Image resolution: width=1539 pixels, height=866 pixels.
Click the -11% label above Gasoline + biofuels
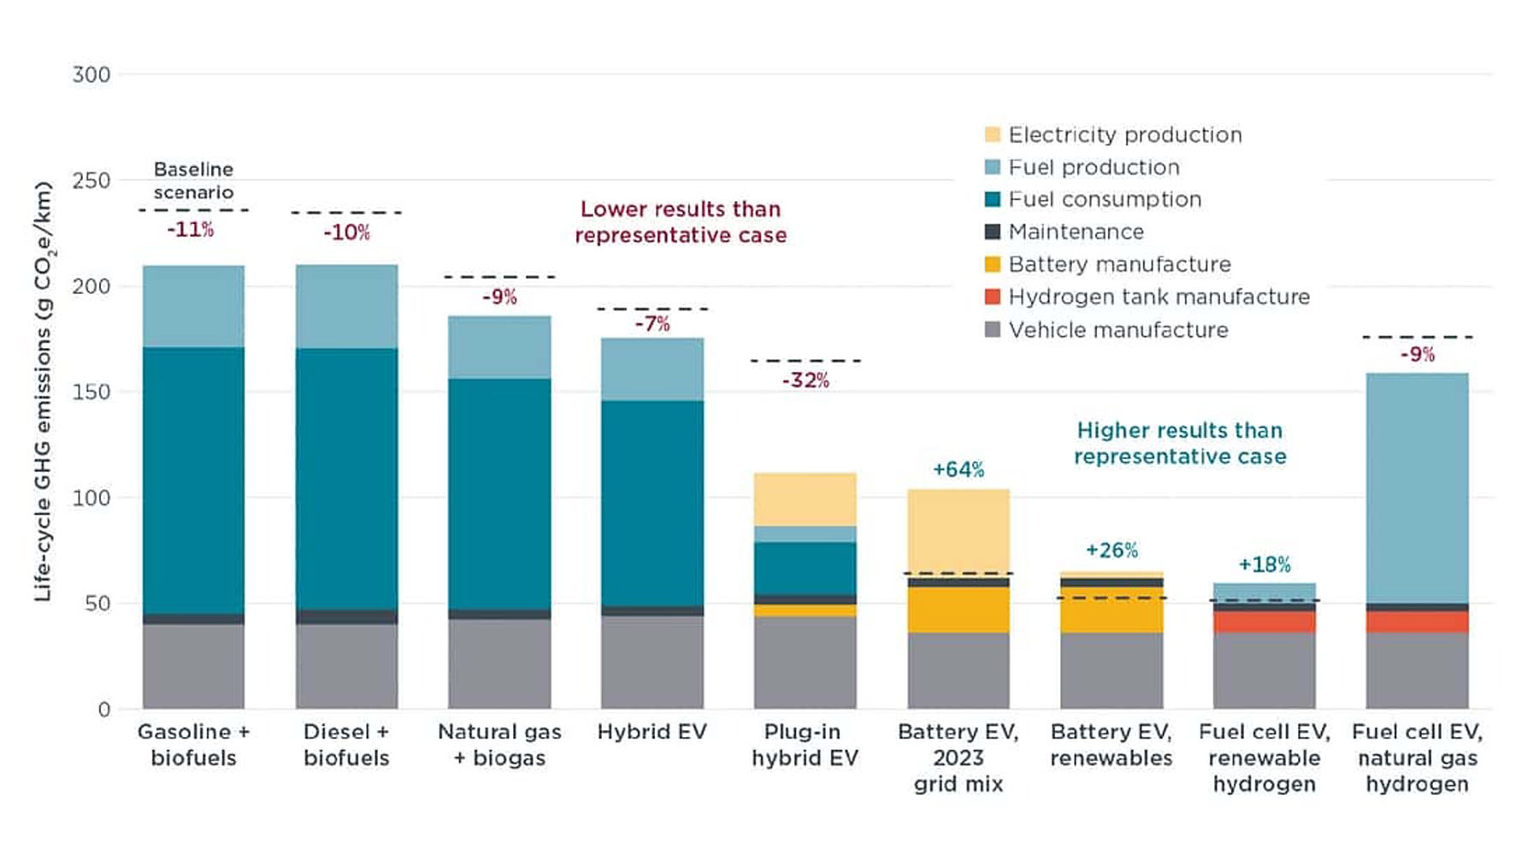190,229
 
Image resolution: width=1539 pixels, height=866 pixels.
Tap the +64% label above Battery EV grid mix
958,469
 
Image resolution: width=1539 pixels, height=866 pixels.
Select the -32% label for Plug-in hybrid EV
805,380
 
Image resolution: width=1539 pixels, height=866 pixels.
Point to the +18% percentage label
1264,564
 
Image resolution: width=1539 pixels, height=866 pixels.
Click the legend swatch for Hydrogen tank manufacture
993,297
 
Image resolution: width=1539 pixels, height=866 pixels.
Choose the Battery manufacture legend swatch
993,264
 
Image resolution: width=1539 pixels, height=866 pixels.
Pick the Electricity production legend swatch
993,134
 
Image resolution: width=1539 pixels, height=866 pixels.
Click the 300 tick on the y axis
91,74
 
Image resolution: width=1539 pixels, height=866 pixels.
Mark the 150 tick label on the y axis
91,392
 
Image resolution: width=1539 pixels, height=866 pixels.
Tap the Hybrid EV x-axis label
652,732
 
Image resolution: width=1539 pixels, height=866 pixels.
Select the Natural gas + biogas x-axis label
499,745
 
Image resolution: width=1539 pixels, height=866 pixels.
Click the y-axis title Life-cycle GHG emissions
43,392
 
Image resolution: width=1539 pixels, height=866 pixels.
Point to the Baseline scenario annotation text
193,180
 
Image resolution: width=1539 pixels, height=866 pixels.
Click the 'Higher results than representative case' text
1180,443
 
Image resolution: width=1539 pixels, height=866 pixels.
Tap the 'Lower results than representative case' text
681,221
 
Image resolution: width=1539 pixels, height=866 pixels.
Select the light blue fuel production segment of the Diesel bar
346,306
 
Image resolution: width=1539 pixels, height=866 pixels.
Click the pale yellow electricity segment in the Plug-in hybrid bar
805,499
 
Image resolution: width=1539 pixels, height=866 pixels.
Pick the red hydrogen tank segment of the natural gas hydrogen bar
1417,622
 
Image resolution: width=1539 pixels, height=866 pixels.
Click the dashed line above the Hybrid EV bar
652,309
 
